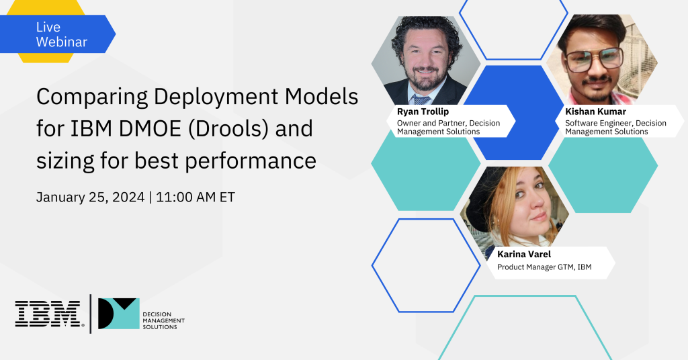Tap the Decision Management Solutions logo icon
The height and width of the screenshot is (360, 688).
tap(118, 314)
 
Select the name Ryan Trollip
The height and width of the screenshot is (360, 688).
tap(423, 111)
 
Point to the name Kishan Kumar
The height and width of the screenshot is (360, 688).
tap(595, 111)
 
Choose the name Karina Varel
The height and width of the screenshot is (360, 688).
tap(524, 254)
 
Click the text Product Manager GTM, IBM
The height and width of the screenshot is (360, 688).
tap(544, 267)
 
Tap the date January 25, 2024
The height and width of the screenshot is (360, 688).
tap(91, 197)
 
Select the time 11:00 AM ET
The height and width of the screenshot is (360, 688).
tap(196, 197)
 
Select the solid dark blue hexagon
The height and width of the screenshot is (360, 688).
tap(513, 112)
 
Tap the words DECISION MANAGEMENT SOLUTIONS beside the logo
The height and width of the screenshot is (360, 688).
tap(164, 320)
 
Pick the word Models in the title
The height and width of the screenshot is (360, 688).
tap(322, 97)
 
